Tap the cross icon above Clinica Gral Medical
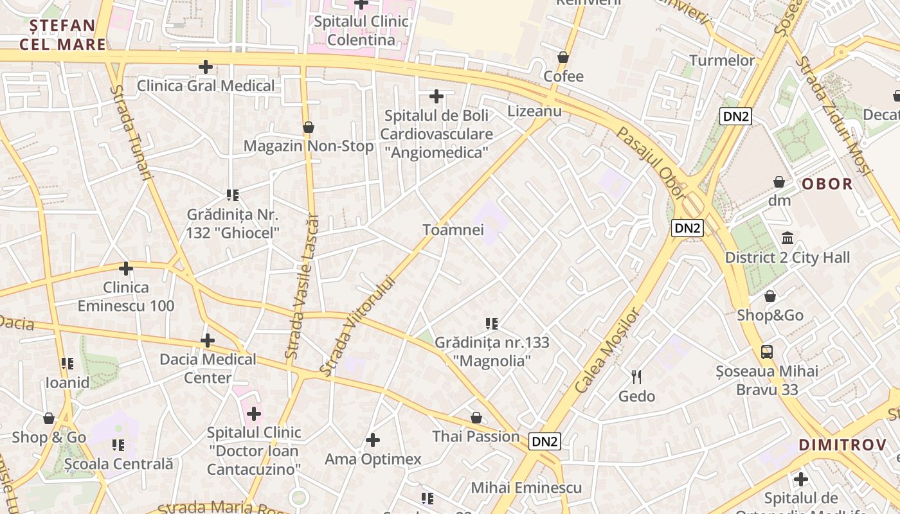tap(206, 67)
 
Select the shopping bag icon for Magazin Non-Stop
tap(309, 127)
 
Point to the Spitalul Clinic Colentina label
tap(361, 31)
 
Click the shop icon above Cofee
tap(563, 57)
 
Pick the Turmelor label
tap(722, 60)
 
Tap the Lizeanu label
tap(534, 111)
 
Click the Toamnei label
tap(453, 230)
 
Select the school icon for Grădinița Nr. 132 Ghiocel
tap(232, 195)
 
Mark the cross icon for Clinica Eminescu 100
tap(126, 269)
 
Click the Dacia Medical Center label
tap(208, 368)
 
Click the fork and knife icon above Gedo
tap(636, 377)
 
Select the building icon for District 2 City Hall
tap(788, 238)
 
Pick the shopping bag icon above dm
tap(779, 182)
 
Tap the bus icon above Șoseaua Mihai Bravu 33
tap(767, 351)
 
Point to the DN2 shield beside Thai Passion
tap(544, 441)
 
